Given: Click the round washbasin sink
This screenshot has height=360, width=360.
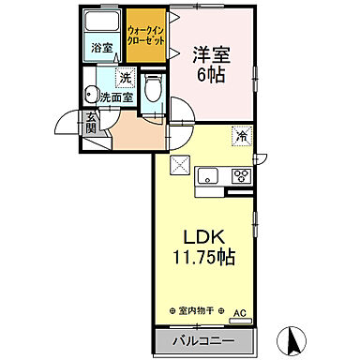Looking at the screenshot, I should tap(90, 93).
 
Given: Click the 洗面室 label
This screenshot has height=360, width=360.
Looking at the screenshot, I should tap(116, 96).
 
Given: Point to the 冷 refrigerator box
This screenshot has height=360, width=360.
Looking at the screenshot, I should tap(240, 136).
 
